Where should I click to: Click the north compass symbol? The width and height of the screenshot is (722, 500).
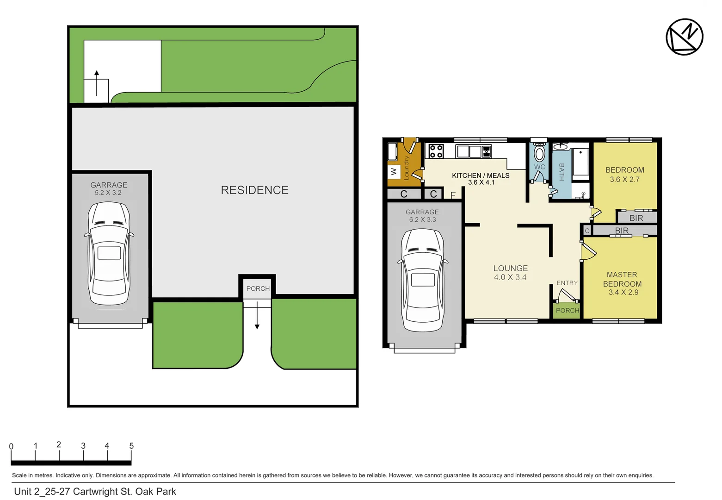point(684,37)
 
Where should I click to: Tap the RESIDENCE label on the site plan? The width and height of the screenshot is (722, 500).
point(254,190)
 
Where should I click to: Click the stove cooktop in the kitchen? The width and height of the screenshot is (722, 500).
point(436,151)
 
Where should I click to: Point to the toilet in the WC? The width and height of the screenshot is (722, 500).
point(539,152)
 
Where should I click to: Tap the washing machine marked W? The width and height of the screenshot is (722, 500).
point(394,172)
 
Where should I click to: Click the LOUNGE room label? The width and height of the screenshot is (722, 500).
point(510,268)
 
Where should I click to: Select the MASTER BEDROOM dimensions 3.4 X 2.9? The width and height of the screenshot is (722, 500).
point(623,292)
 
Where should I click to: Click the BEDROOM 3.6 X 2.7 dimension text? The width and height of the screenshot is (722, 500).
point(624,179)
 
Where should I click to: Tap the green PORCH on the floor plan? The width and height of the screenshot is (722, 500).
point(567,310)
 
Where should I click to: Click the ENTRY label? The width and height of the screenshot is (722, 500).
point(567,283)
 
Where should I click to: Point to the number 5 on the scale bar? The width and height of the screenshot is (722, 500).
point(131,445)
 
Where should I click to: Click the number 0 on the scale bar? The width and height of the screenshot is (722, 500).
point(11,446)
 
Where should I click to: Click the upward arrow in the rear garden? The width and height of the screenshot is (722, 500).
point(97,82)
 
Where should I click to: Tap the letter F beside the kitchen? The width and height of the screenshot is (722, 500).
point(453,195)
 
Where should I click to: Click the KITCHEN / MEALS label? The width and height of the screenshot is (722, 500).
point(481,175)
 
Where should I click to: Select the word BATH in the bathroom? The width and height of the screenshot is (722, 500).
point(562,172)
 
